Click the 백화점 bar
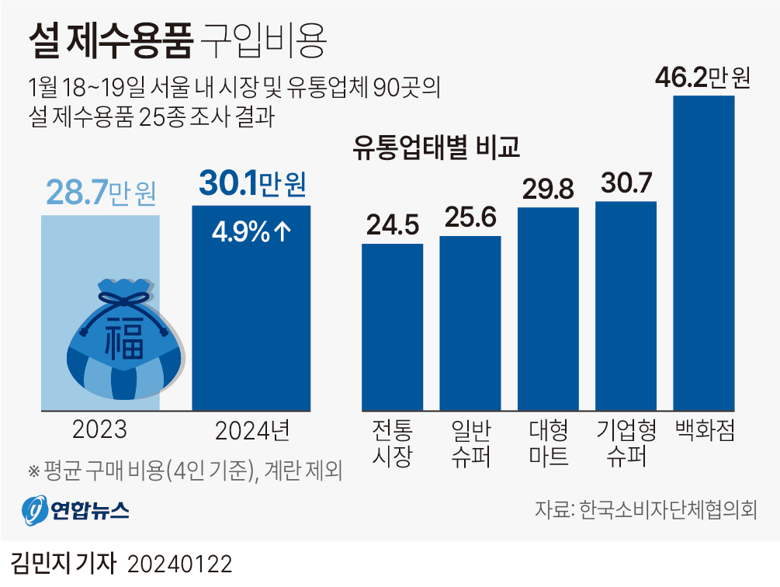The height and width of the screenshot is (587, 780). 703,252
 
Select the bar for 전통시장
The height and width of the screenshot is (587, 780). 393,326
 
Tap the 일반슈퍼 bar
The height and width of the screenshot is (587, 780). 470,322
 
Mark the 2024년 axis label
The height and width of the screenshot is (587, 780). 251,430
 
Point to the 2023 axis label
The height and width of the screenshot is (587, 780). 99,430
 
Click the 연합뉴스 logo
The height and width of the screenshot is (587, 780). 75,510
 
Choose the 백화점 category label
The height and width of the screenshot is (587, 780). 703,429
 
